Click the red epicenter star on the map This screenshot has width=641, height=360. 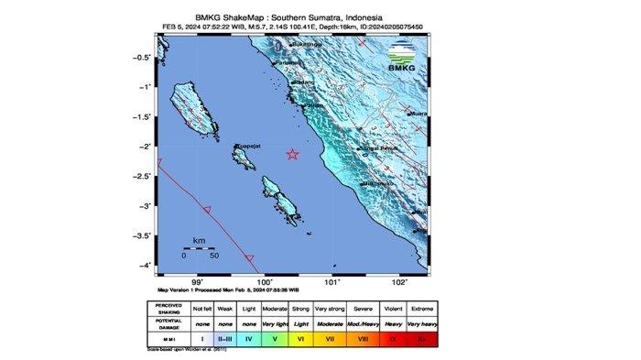[x=293, y=154]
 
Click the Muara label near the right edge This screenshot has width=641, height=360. [x=419, y=115]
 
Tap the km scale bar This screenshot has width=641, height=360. [x=198, y=247]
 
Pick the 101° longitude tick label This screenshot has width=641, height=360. [x=333, y=283]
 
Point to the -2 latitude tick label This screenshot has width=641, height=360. [x=144, y=147]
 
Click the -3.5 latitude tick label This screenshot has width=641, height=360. [x=141, y=236]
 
